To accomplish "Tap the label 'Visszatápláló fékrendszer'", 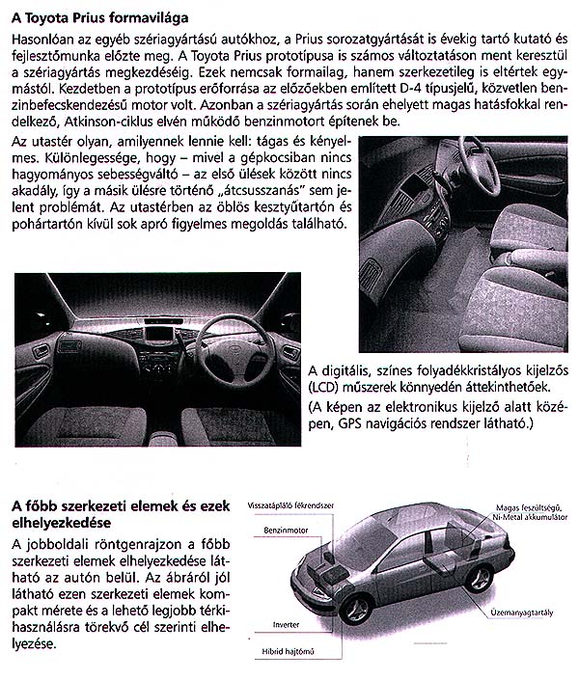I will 290,505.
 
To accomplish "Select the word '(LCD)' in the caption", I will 325,388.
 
